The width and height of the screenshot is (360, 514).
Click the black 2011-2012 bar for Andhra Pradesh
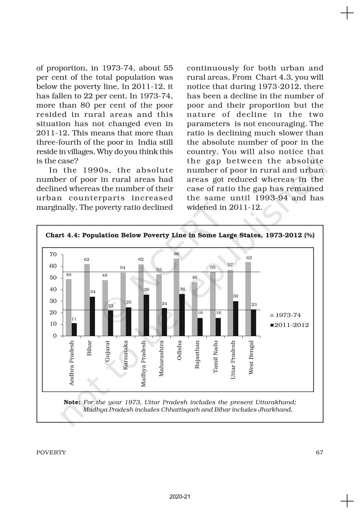click(x=74, y=329)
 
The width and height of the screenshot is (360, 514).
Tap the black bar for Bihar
click(x=92, y=316)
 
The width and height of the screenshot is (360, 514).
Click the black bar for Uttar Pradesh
click(x=236, y=318)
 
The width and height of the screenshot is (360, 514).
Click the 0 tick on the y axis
click(x=55, y=336)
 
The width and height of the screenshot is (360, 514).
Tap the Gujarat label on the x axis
click(x=108, y=351)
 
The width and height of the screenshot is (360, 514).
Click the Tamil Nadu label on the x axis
click(x=215, y=357)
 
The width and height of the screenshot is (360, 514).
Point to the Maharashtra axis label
click(x=161, y=358)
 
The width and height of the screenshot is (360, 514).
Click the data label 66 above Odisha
click(x=177, y=254)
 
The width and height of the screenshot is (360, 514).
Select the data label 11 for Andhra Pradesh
click(x=74, y=319)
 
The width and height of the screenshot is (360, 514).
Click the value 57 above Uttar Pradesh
click(x=230, y=265)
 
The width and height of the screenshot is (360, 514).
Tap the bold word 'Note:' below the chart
click(x=72, y=402)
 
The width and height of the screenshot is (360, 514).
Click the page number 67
click(x=319, y=452)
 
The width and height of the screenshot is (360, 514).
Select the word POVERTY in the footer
click(x=51, y=452)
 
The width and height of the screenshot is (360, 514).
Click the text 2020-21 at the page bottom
click(x=180, y=496)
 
